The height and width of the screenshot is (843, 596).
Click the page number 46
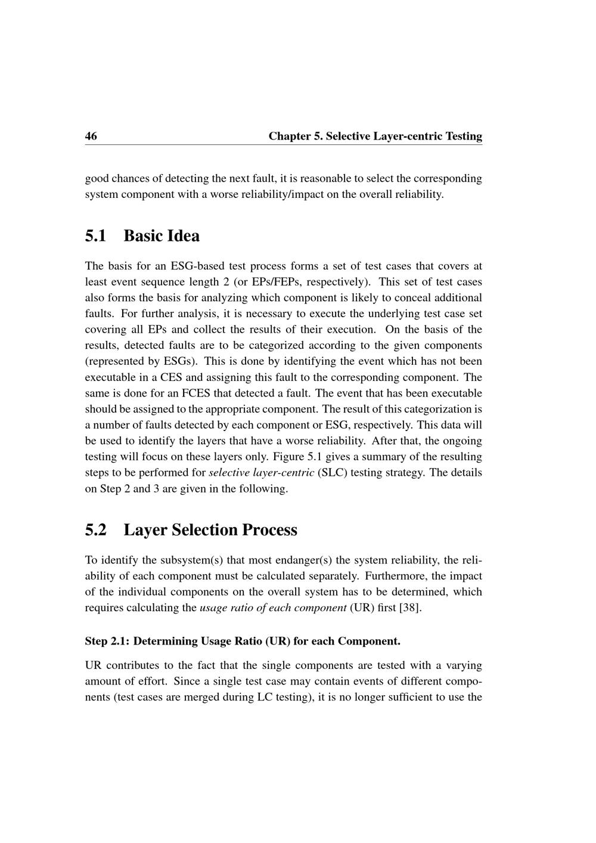(x=91, y=136)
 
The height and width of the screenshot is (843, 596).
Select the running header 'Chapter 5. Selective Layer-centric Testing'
(x=375, y=136)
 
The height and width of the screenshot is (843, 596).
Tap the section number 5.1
(x=96, y=236)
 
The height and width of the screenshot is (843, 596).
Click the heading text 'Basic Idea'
(x=162, y=236)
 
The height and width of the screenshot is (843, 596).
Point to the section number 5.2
(x=96, y=530)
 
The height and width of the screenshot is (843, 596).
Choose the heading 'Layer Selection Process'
(x=210, y=530)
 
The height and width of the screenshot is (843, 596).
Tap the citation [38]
(x=410, y=608)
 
